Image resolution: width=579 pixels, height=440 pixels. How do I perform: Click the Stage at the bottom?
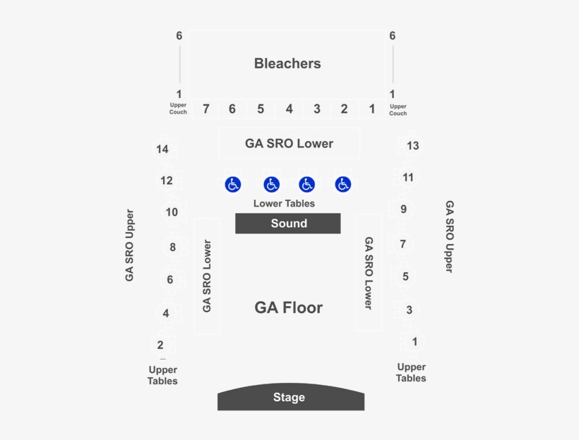coord(291,397)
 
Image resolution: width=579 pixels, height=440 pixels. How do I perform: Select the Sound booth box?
coord(288,223)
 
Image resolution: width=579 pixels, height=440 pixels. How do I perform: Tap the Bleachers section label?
coord(287,63)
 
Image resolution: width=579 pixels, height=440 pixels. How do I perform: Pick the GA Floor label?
coord(288,307)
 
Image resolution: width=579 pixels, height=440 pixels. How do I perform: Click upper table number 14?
coord(162,149)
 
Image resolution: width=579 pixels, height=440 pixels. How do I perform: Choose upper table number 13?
coord(413,146)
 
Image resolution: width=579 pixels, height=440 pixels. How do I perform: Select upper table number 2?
coord(160,345)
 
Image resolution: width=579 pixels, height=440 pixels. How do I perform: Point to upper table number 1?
coord(414,341)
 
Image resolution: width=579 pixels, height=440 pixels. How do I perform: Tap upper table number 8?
coord(172,247)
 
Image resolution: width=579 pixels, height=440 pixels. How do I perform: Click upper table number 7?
coord(403,244)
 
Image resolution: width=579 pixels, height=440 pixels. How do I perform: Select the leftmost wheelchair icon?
coord(233,185)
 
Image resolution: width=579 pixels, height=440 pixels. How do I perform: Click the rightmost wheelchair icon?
coord(343,185)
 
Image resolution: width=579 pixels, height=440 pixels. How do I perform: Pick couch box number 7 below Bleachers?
coord(205,109)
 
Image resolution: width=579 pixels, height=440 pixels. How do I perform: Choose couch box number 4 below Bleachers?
coord(289,109)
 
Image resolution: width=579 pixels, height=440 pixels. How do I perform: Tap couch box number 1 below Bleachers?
coord(372,109)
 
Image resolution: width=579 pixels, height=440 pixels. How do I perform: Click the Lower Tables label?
coord(284,203)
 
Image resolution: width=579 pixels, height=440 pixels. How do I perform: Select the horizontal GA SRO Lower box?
coord(289,143)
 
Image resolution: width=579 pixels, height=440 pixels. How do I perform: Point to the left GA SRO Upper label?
coord(129,245)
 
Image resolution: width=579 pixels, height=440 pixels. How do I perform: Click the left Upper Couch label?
coord(178,109)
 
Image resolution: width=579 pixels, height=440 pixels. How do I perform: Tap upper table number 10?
coord(172,212)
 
